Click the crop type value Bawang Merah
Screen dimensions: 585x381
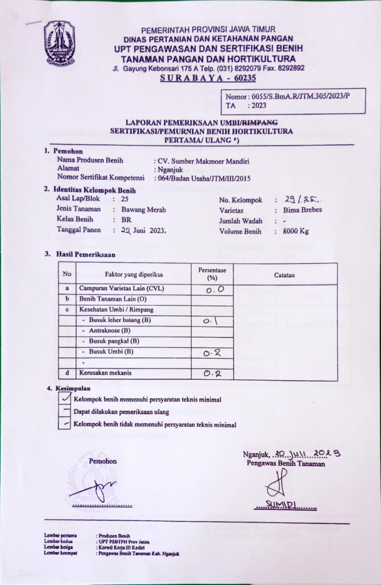(x=143, y=210)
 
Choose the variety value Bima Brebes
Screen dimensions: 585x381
(x=302, y=210)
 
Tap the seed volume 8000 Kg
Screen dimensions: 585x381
(x=296, y=231)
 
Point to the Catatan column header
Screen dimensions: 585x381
(x=284, y=275)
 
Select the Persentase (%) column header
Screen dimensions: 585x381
(x=212, y=274)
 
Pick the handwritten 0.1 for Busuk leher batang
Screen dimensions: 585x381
(x=211, y=321)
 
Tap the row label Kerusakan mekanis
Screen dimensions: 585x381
(x=106, y=373)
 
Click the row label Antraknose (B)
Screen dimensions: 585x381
(x=110, y=330)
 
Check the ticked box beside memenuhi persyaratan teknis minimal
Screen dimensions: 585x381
(x=64, y=399)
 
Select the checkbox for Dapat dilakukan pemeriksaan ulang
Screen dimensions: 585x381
(x=64, y=411)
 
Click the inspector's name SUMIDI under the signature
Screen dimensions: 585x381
(x=285, y=505)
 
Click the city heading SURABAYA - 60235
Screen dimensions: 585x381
(x=208, y=78)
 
